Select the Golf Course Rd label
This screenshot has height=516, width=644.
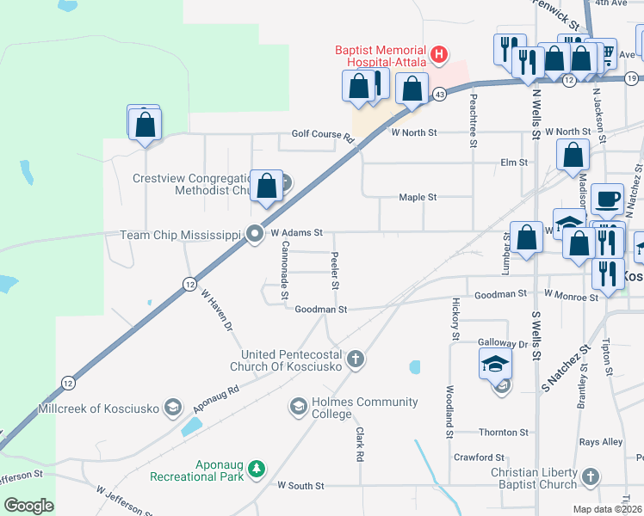click(x=323, y=135)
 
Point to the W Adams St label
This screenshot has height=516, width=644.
click(x=296, y=232)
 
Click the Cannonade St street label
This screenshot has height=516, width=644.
click(x=285, y=270)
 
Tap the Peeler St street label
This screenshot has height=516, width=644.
click(x=335, y=271)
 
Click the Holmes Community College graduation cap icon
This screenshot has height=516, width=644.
click(x=298, y=405)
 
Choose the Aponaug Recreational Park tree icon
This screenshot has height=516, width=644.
click(x=256, y=469)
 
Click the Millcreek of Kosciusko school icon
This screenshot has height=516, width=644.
click(x=173, y=407)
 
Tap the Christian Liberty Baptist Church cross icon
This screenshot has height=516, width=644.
click(x=590, y=476)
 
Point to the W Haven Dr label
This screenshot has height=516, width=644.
click(x=217, y=310)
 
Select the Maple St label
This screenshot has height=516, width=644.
click(x=418, y=197)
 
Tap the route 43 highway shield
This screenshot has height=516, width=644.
click(x=440, y=93)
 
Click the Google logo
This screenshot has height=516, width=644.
click(x=28, y=506)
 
